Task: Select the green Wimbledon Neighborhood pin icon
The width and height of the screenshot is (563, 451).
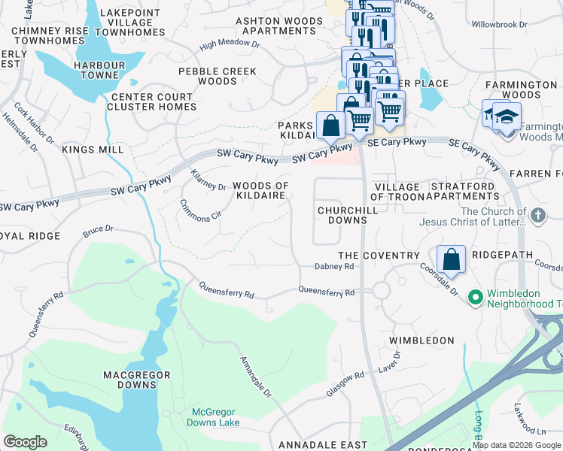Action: tap(475, 298)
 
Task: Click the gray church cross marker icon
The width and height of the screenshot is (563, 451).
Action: tap(537, 216)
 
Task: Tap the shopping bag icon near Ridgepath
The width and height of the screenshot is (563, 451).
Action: tap(451, 260)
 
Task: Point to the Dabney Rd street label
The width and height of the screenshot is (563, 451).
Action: tap(333, 267)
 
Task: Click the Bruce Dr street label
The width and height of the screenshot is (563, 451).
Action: tap(98, 229)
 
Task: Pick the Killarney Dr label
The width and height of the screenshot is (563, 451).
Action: tap(208, 180)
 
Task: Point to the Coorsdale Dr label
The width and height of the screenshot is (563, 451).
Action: tap(438, 279)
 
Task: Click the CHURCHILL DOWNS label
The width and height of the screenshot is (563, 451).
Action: tap(342, 216)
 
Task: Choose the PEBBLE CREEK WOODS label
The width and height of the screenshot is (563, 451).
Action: tap(217, 77)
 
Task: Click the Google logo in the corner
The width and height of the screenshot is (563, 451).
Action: tap(25, 442)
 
